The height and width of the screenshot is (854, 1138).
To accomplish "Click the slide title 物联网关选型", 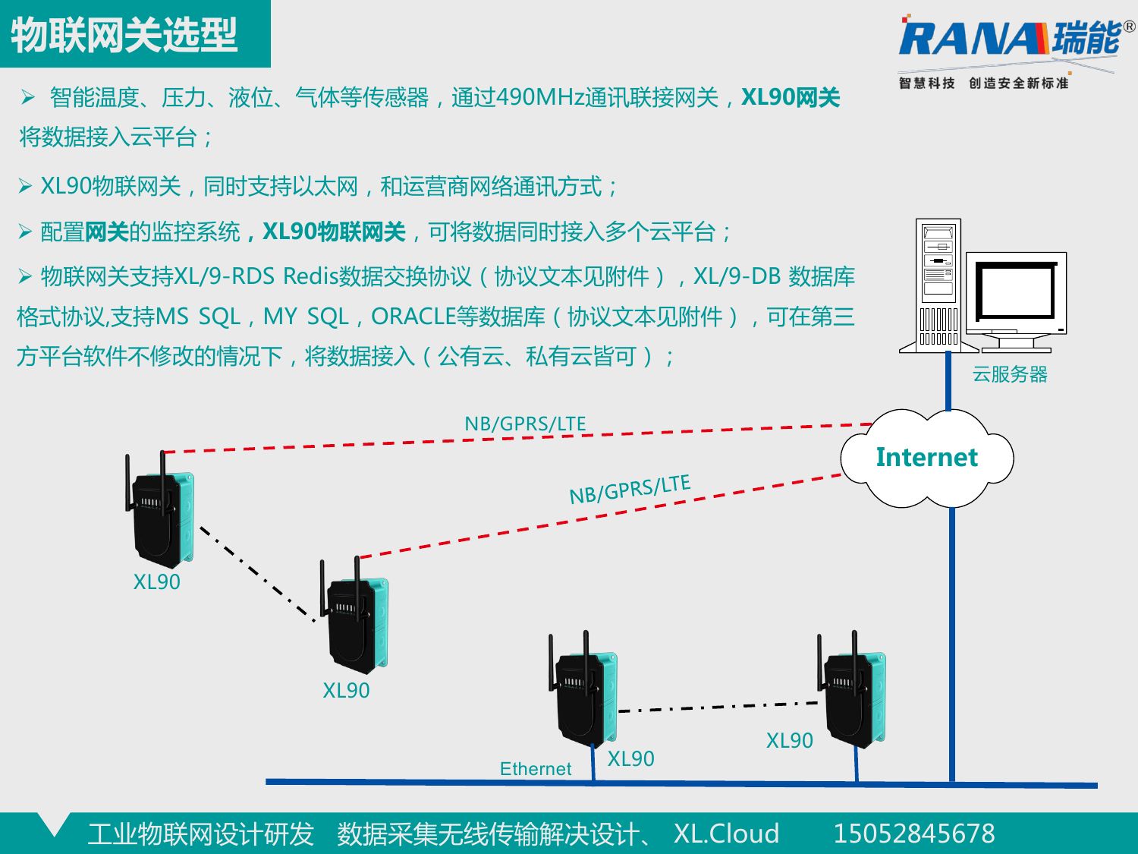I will point(124,35).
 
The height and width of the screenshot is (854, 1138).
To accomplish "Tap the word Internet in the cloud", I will point(926,457).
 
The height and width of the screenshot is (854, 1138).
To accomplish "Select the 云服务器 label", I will point(1010,374).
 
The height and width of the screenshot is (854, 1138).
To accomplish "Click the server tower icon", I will point(938,285).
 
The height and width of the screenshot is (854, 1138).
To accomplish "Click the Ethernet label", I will point(535,769).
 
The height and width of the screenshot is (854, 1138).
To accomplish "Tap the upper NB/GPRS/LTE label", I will point(525,424).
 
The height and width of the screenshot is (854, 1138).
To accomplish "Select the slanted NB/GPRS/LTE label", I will point(630,490).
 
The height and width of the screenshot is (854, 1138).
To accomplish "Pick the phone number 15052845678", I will point(913,834).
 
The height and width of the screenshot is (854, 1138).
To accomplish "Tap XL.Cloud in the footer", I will point(726,834).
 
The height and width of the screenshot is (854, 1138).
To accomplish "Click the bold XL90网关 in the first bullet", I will point(790,98).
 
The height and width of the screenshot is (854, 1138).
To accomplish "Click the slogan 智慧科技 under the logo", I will point(926,83).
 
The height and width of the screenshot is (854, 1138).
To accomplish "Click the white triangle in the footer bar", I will point(54,824).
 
